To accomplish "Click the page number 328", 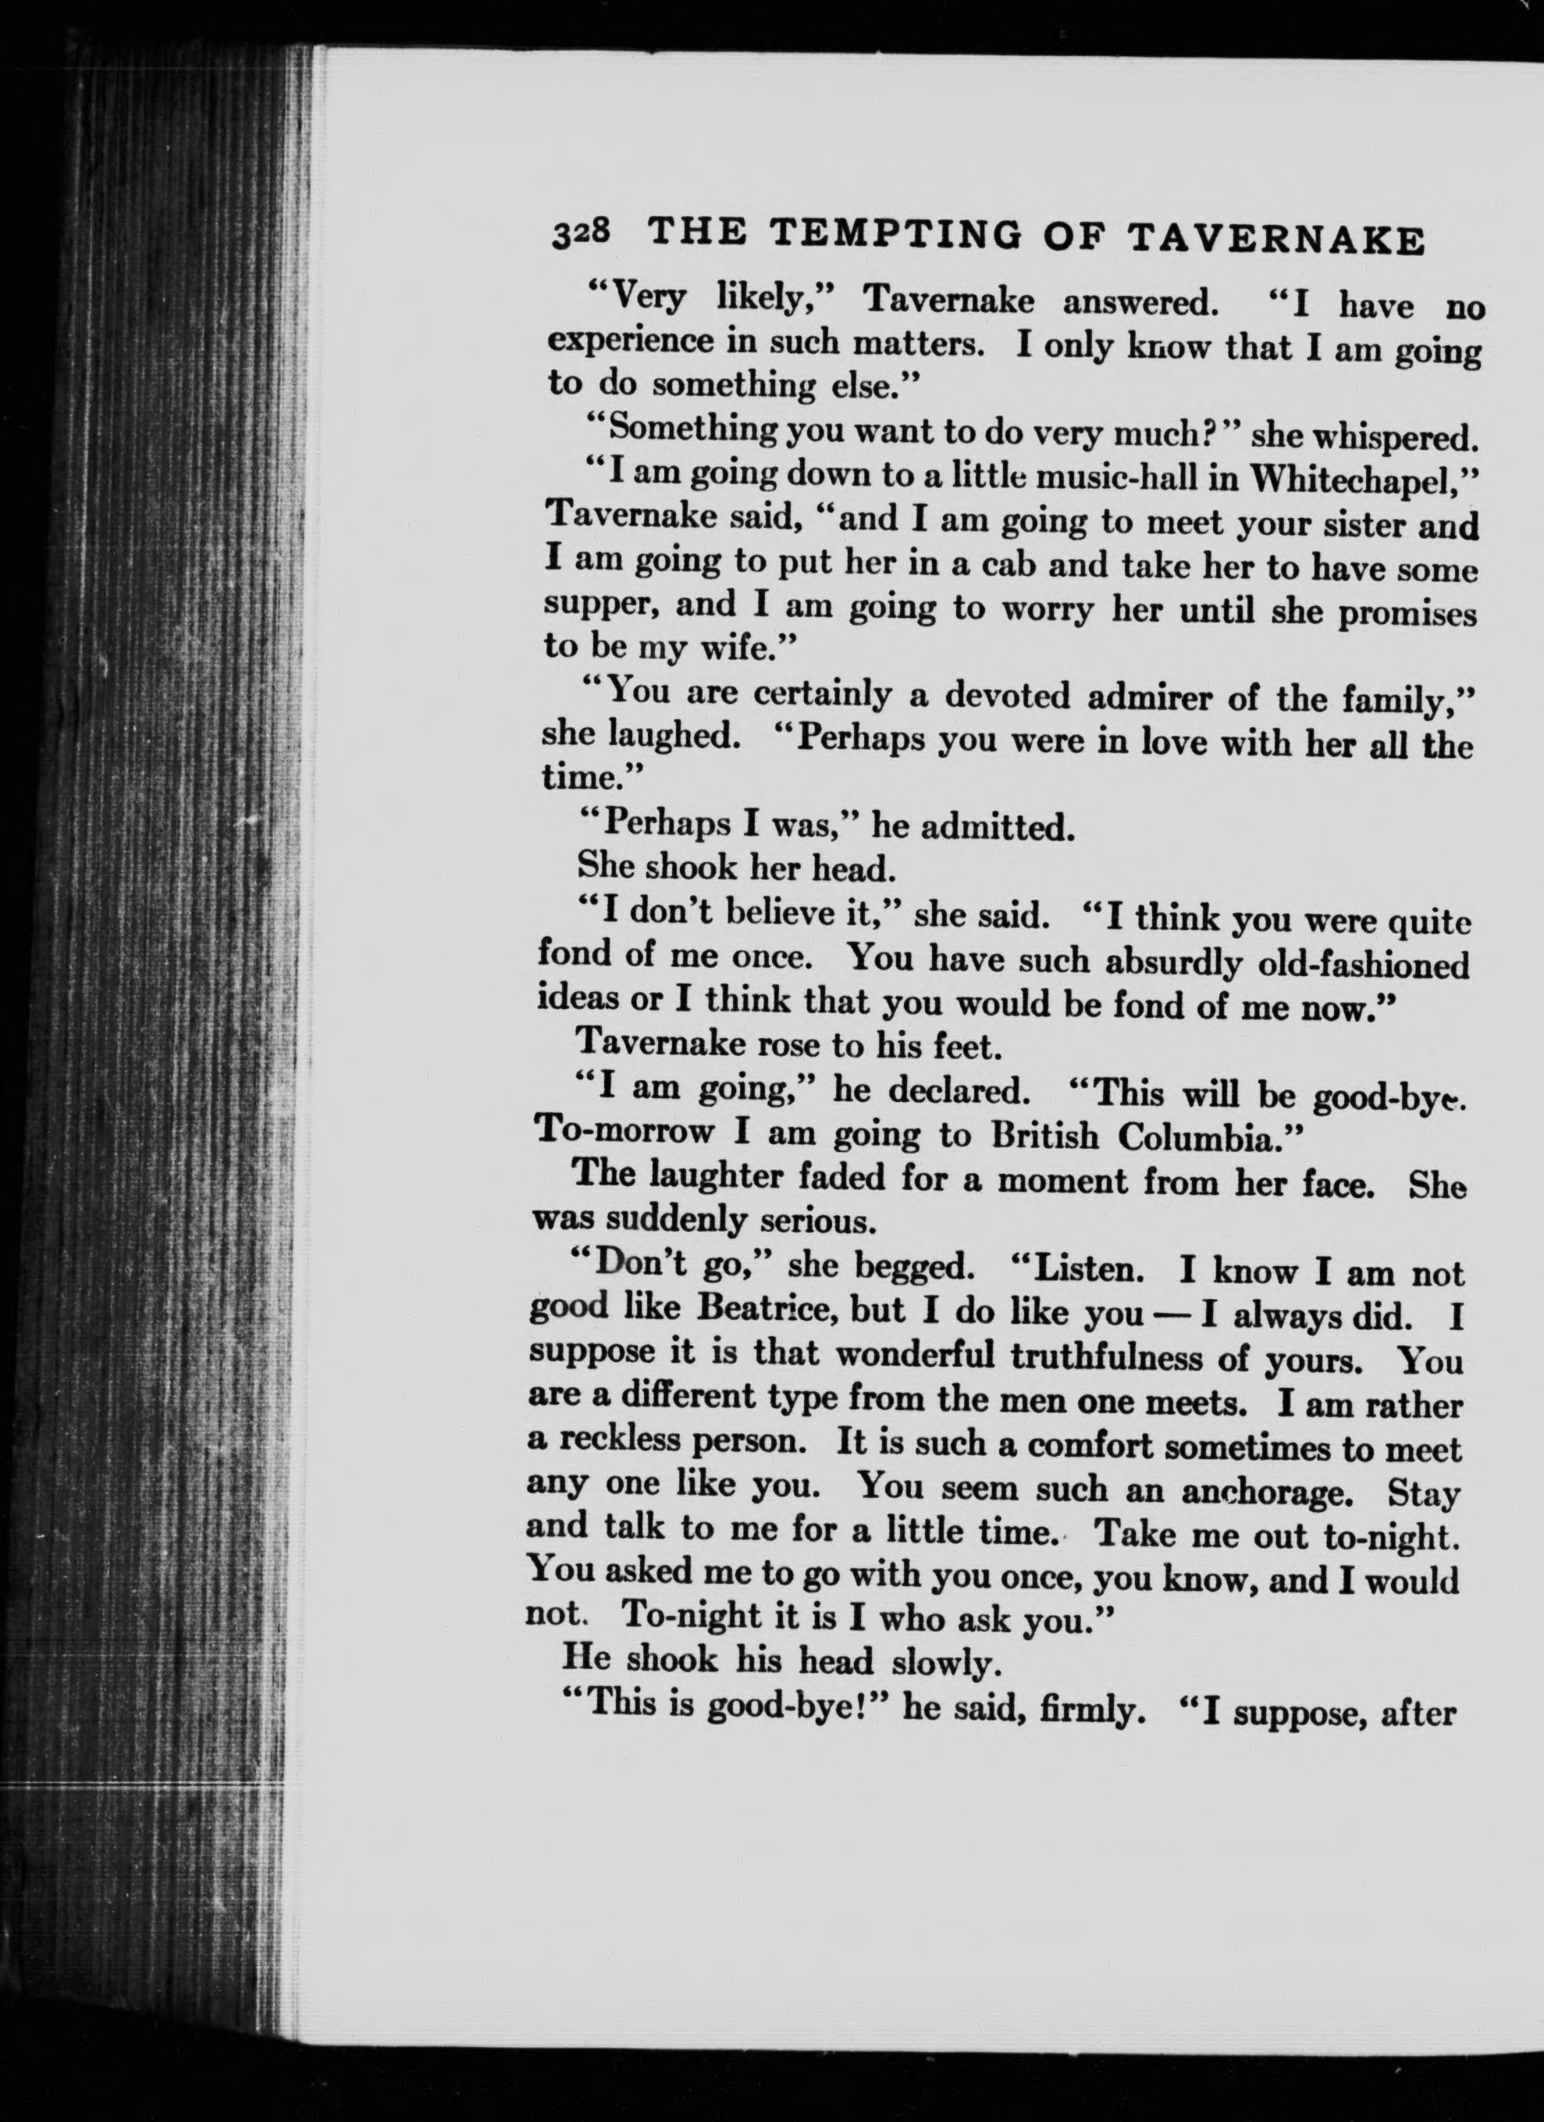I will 581,233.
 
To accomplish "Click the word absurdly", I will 1174,962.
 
